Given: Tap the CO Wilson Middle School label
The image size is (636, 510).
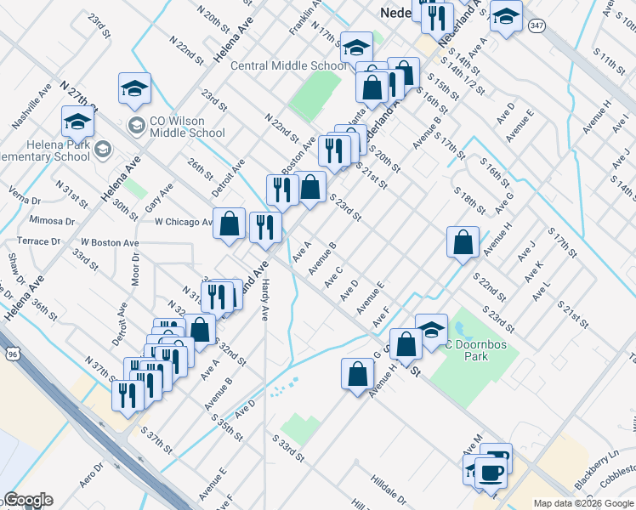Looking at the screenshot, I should (x=186, y=127).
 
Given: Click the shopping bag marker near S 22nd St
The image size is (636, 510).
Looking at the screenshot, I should (x=462, y=242).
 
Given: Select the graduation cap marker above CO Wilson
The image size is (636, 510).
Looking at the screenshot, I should (x=134, y=88).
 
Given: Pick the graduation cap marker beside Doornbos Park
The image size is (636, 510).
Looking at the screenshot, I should (x=431, y=329).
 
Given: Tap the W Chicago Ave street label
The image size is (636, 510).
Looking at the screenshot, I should (x=184, y=222).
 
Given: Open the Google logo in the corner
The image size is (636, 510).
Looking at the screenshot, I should (x=29, y=500).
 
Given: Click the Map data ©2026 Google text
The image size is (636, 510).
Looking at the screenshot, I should (x=582, y=503).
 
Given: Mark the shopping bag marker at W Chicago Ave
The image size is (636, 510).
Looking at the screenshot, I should (x=229, y=224).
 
